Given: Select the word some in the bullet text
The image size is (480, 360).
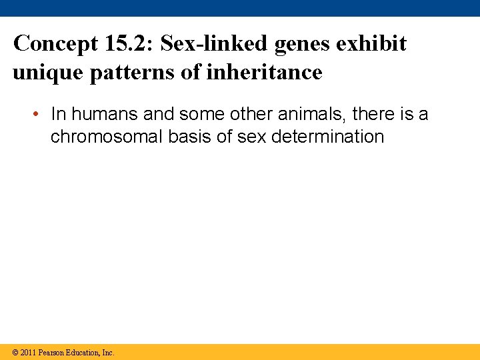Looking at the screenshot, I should (200, 115).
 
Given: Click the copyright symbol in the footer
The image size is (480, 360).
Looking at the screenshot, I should (15, 353).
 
